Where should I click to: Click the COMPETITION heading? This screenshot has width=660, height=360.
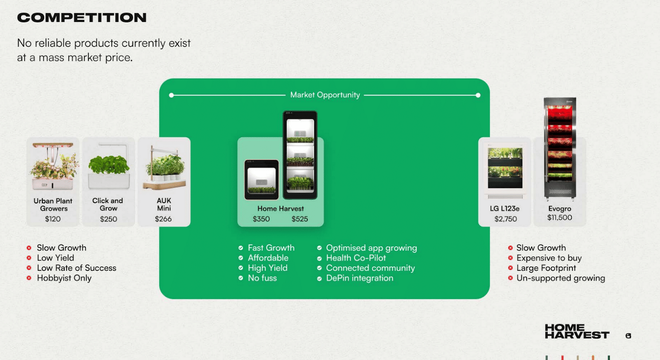[x=82, y=17]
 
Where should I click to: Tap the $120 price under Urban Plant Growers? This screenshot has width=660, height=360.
[x=53, y=219]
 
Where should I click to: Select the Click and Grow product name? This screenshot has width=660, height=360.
[x=108, y=205]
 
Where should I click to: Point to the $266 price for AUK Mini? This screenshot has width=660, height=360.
[x=163, y=219]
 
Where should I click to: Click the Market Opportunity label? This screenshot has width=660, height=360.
[x=325, y=95]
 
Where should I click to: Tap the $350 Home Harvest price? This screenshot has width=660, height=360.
[x=261, y=219]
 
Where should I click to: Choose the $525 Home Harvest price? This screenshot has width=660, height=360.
[x=299, y=219]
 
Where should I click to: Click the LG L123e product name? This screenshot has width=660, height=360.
[x=504, y=209]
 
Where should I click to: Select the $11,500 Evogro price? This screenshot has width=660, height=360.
[x=559, y=218]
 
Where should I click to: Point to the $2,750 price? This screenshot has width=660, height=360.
[x=506, y=219]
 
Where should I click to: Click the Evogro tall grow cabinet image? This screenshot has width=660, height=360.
[x=560, y=149]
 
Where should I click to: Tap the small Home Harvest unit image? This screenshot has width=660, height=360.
[x=262, y=179]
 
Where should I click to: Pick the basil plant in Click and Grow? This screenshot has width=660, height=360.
[x=109, y=165]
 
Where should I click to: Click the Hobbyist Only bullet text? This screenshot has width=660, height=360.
[x=64, y=278]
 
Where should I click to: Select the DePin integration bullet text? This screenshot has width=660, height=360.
[x=359, y=278]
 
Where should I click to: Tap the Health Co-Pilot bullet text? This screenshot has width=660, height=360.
[x=356, y=258]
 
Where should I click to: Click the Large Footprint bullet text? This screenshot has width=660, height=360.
[x=546, y=268]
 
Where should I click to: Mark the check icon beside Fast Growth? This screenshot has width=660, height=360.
[x=241, y=248]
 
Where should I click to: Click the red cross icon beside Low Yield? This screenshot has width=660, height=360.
[x=29, y=258]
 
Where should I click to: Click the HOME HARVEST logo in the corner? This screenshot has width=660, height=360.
[x=577, y=332]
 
